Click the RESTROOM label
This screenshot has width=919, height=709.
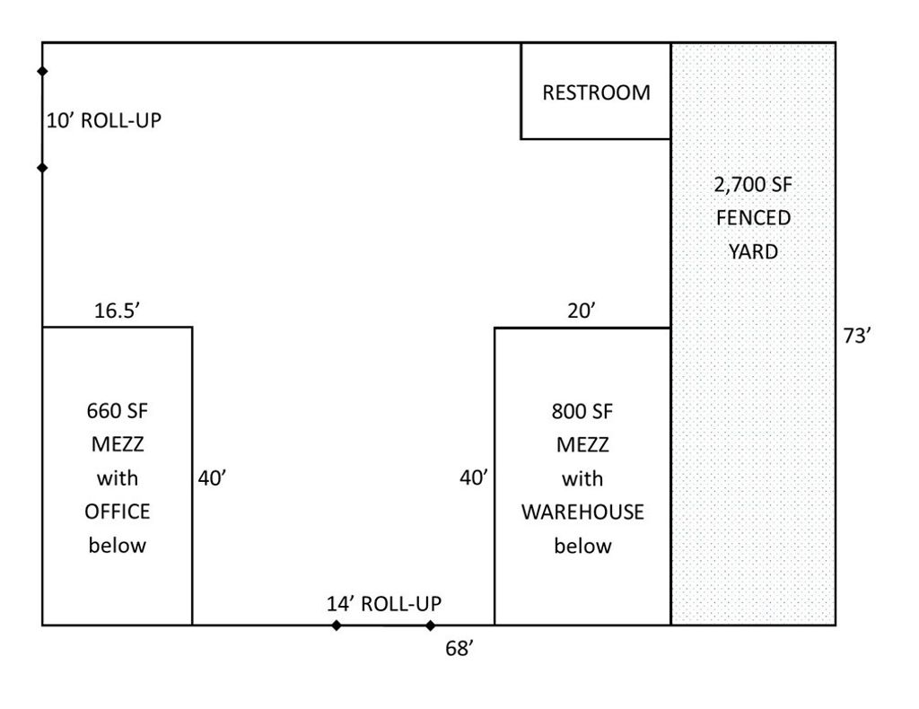coord(596,92)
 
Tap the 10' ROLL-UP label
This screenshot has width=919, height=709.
coord(104,120)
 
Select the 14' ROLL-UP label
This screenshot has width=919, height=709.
coord(384,603)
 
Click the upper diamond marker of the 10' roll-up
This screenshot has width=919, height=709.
coord(42,71)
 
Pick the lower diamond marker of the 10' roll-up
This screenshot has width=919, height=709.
coord(42,168)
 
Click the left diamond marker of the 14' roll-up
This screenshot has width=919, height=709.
coord(336,626)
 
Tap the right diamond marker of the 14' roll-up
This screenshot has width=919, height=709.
coord(430,626)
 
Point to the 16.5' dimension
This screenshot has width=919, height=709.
coord(118,311)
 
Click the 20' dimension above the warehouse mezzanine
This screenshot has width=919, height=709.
coord(582,311)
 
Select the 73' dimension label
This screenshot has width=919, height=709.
coord(857,336)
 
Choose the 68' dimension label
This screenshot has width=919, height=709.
coord(459,649)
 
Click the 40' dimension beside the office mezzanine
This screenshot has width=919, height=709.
coord(212,478)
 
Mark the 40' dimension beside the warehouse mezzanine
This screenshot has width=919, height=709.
coord(474,478)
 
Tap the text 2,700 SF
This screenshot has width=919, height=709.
coord(753,185)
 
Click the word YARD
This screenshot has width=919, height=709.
coord(753,252)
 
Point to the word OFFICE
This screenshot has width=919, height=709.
coord(118,512)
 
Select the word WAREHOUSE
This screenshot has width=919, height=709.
coord(582,512)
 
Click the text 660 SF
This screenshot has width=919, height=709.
coord(118,411)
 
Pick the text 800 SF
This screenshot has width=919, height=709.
coord(582,411)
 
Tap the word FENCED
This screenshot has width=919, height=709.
coord(753,218)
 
